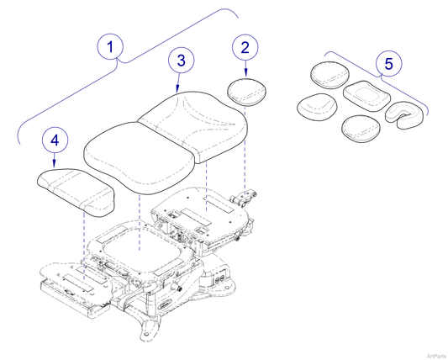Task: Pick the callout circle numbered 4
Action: point(55,140)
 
